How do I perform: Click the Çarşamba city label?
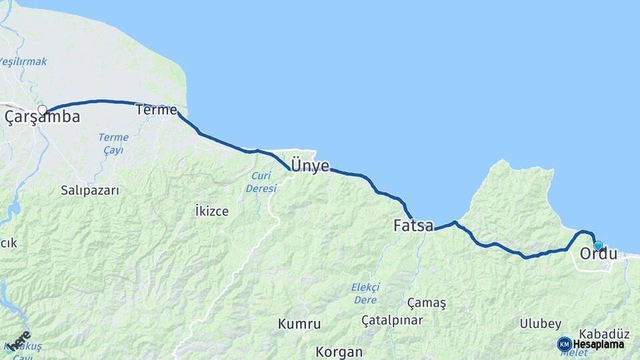[x=43, y=118]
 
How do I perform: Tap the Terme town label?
[x=156, y=109]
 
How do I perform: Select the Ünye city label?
[x=310, y=166]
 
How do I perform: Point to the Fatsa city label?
[x=413, y=226]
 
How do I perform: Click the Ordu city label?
[x=598, y=254]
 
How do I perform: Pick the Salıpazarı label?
[x=90, y=191]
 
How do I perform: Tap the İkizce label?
[x=212, y=211]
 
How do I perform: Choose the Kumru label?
[x=299, y=325]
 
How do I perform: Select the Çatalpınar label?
[x=392, y=321]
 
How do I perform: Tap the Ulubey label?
[x=540, y=324]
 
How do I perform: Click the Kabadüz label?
[x=605, y=333]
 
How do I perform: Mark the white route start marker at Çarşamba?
[x=42, y=110]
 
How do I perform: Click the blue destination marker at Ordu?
[x=598, y=245]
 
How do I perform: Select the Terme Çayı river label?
[x=113, y=143]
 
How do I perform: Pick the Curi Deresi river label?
[x=261, y=182]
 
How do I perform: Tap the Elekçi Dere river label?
[x=365, y=293]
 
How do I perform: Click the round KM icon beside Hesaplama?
[x=564, y=344]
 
